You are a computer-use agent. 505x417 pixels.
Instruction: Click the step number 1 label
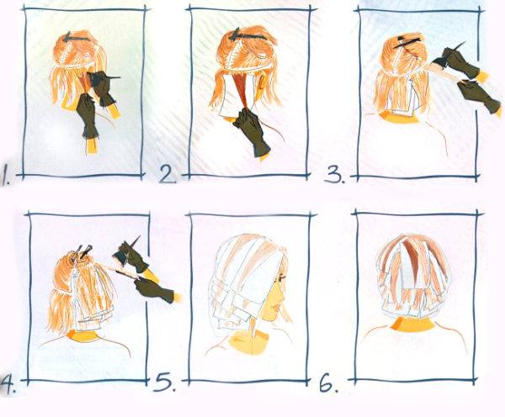[6, 175]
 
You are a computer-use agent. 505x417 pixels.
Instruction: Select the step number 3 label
[335, 174]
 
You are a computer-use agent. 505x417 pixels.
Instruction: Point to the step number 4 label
[8, 384]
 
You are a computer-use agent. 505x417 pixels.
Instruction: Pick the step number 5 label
[165, 382]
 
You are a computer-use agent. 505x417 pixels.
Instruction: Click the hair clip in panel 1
[75, 38]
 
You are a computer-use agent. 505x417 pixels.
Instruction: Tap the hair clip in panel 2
[247, 35]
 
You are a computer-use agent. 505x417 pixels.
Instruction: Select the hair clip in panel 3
[407, 42]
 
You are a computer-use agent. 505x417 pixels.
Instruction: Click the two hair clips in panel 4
[83, 251]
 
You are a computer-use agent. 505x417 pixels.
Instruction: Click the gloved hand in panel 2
[251, 131]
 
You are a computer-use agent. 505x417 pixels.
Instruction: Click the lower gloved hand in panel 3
[478, 96]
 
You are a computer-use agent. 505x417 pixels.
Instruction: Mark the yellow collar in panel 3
[399, 119]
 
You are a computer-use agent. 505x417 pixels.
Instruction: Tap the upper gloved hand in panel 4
[133, 258]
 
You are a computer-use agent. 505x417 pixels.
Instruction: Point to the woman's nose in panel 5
[283, 295]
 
